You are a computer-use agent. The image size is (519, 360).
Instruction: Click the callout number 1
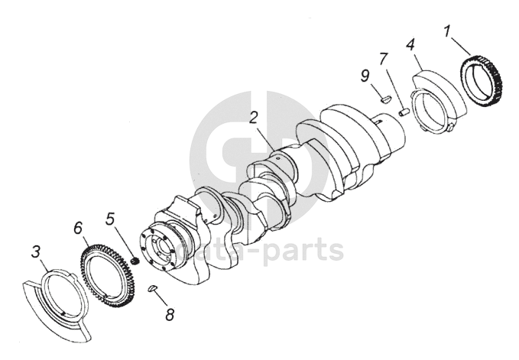click(x=447, y=32)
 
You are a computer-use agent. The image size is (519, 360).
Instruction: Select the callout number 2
click(x=254, y=118)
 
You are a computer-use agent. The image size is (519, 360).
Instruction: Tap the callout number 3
click(x=36, y=251)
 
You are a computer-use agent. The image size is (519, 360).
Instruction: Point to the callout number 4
click(x=410, y=44)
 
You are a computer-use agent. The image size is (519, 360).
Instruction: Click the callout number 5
click(x=110, y=219)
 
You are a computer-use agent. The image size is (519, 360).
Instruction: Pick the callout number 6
click(x=78, y=228)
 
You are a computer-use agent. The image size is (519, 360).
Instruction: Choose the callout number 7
click(x=383, y=59)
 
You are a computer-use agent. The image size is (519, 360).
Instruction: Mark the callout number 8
click(x=170, y=315)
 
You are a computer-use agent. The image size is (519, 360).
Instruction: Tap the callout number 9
click(x=365, y=76)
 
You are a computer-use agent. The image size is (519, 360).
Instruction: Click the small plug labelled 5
click(x=135, y=261)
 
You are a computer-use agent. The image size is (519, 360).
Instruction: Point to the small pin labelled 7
click(x=404, y=112)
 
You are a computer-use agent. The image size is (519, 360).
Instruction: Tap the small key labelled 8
click(x=152, y=288)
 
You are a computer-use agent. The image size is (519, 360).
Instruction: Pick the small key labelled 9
click(x=386, y=99)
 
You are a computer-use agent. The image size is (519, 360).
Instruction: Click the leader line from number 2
click(x=265, y=137)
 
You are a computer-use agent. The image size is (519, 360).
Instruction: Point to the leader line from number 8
click(x=161, y=298)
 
